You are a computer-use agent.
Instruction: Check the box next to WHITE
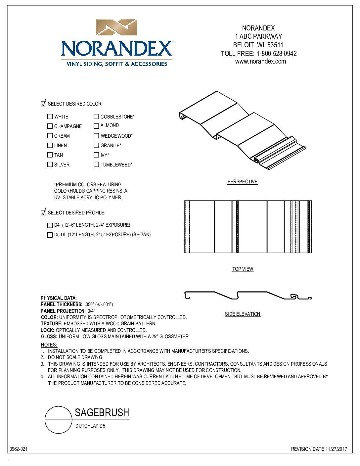coord(50,117)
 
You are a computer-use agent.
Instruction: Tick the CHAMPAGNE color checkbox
coord(50,126)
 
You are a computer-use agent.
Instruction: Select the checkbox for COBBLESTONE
coord(96,117)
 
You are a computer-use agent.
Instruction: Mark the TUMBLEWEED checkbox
coord(96,164)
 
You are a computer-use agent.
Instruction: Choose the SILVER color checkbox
coord(50,164)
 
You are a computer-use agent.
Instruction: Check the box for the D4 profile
coord(50,225)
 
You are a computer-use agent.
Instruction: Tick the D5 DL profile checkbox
coord(50,235)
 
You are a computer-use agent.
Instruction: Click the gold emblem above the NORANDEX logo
coord(116,27)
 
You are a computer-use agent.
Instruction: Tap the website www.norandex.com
coord(260,61)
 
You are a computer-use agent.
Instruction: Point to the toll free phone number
coord(276,54)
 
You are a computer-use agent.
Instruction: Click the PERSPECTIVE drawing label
coord(243,182)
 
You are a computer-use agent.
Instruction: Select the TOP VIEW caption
coord(243,269)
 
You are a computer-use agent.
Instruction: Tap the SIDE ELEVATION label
coord(243,314)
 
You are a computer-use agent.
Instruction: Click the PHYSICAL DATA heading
coord(59,298)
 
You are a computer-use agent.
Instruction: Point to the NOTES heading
coord(49,345)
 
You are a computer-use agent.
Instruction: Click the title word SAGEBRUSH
coord(102,413)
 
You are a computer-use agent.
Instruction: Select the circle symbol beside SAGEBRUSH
coord(59,420)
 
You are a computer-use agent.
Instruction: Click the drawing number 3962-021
coord(19,449)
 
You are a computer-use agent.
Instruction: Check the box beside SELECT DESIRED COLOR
coord(43,104)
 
